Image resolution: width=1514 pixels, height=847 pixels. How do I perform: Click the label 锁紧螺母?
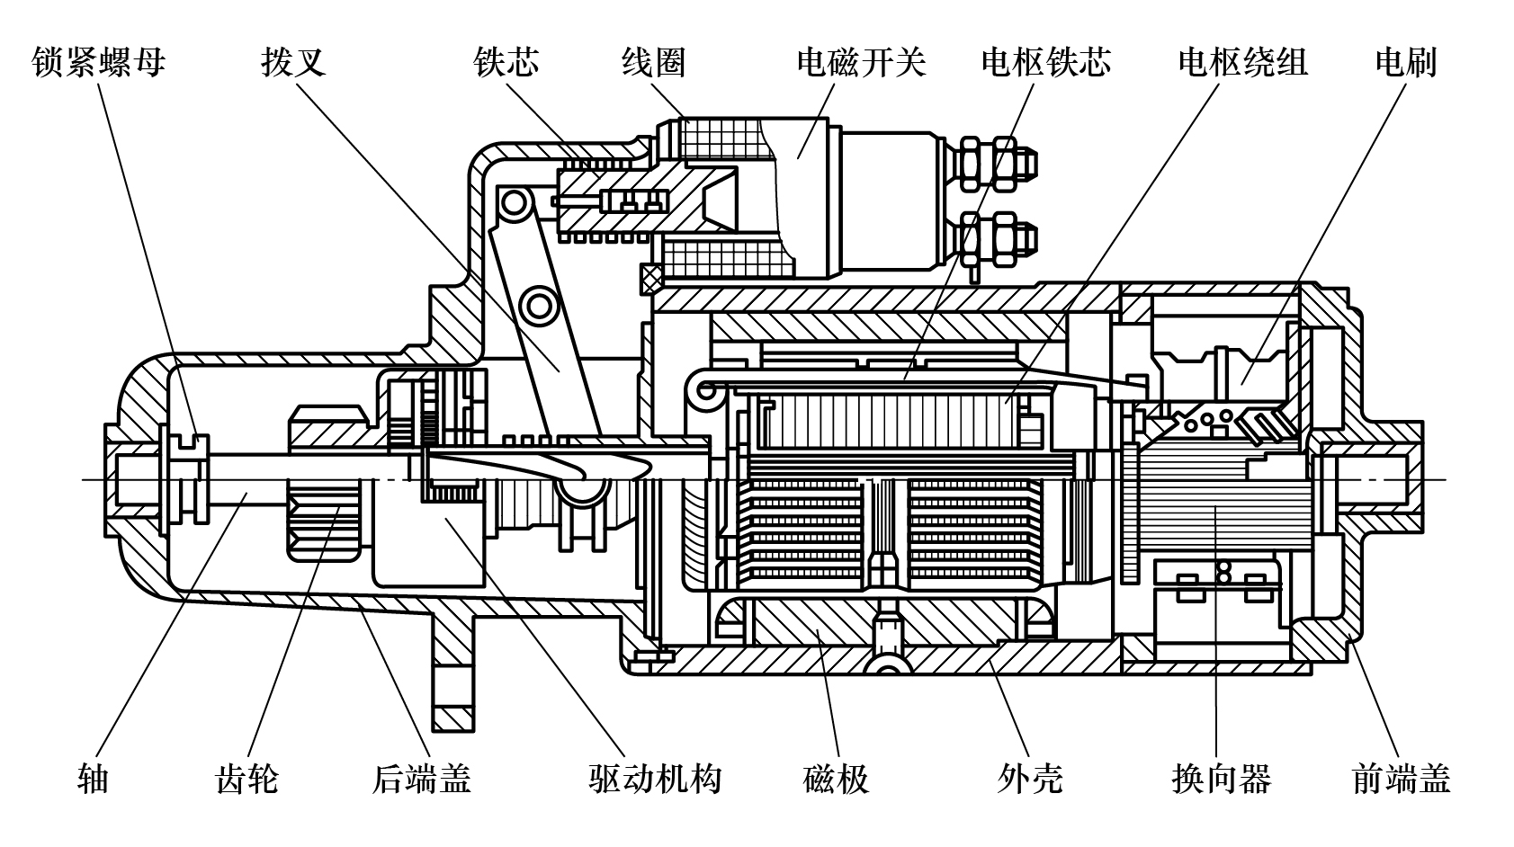coord(98,62)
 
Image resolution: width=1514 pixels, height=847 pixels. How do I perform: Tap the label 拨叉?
coord(292,62)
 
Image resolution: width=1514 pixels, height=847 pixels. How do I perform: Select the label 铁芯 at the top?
coord(506,62)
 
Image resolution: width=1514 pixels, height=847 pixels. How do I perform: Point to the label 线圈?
coord(654,62)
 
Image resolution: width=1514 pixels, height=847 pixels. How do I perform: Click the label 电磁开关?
coord(861,62)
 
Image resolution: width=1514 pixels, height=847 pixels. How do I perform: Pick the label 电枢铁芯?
coord(1046,62)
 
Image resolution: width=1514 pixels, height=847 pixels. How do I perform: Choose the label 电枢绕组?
coord(1242,62)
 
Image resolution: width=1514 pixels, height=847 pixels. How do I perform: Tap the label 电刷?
coord(1406,62)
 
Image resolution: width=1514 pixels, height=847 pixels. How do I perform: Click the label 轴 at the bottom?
coord(94,778)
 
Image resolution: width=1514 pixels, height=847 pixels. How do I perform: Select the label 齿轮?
coord(247,778)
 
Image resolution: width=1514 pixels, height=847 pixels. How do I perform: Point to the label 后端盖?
coord(422,778)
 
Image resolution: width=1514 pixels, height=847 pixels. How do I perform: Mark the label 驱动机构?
coord(655,778)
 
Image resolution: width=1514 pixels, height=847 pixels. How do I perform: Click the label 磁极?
coord(836,778)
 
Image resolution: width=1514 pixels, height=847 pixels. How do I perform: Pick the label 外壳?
coord(1030,778)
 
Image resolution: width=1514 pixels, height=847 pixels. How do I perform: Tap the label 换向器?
coord(1221,778)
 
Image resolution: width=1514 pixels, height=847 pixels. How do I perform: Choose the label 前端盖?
coord(1402,778)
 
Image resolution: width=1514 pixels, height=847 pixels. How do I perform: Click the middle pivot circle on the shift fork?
coord(540,306)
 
